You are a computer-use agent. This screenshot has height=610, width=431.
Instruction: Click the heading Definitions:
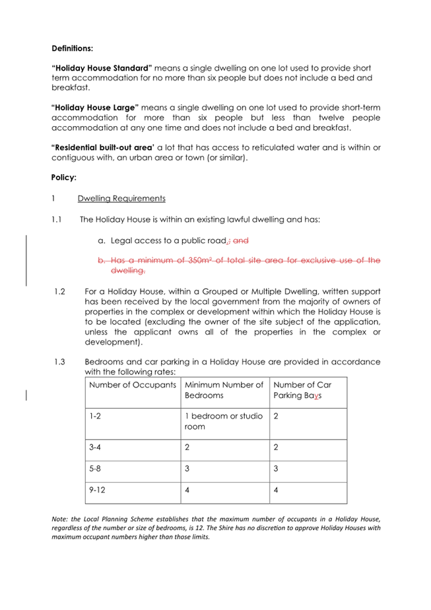click(x=72, y=48)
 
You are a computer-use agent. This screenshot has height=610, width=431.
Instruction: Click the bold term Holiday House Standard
click(x=102, y=68)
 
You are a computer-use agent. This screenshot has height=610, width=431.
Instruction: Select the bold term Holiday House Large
click(x=95, y=107)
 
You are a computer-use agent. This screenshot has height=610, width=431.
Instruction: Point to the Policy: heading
click(x=64, y=178)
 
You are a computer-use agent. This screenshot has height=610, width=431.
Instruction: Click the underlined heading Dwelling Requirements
click(x=121, y=198)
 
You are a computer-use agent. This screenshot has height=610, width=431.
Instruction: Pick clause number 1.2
click(x=59, y=291)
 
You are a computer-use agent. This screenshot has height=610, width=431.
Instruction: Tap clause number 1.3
click(x=59, y=362)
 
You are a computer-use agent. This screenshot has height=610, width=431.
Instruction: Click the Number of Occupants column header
click(x=132, y=384)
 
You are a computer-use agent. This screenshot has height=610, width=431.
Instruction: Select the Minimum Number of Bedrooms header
click(x=224, y=390)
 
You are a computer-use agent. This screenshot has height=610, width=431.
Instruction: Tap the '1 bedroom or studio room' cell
click(x=224, y=422)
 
